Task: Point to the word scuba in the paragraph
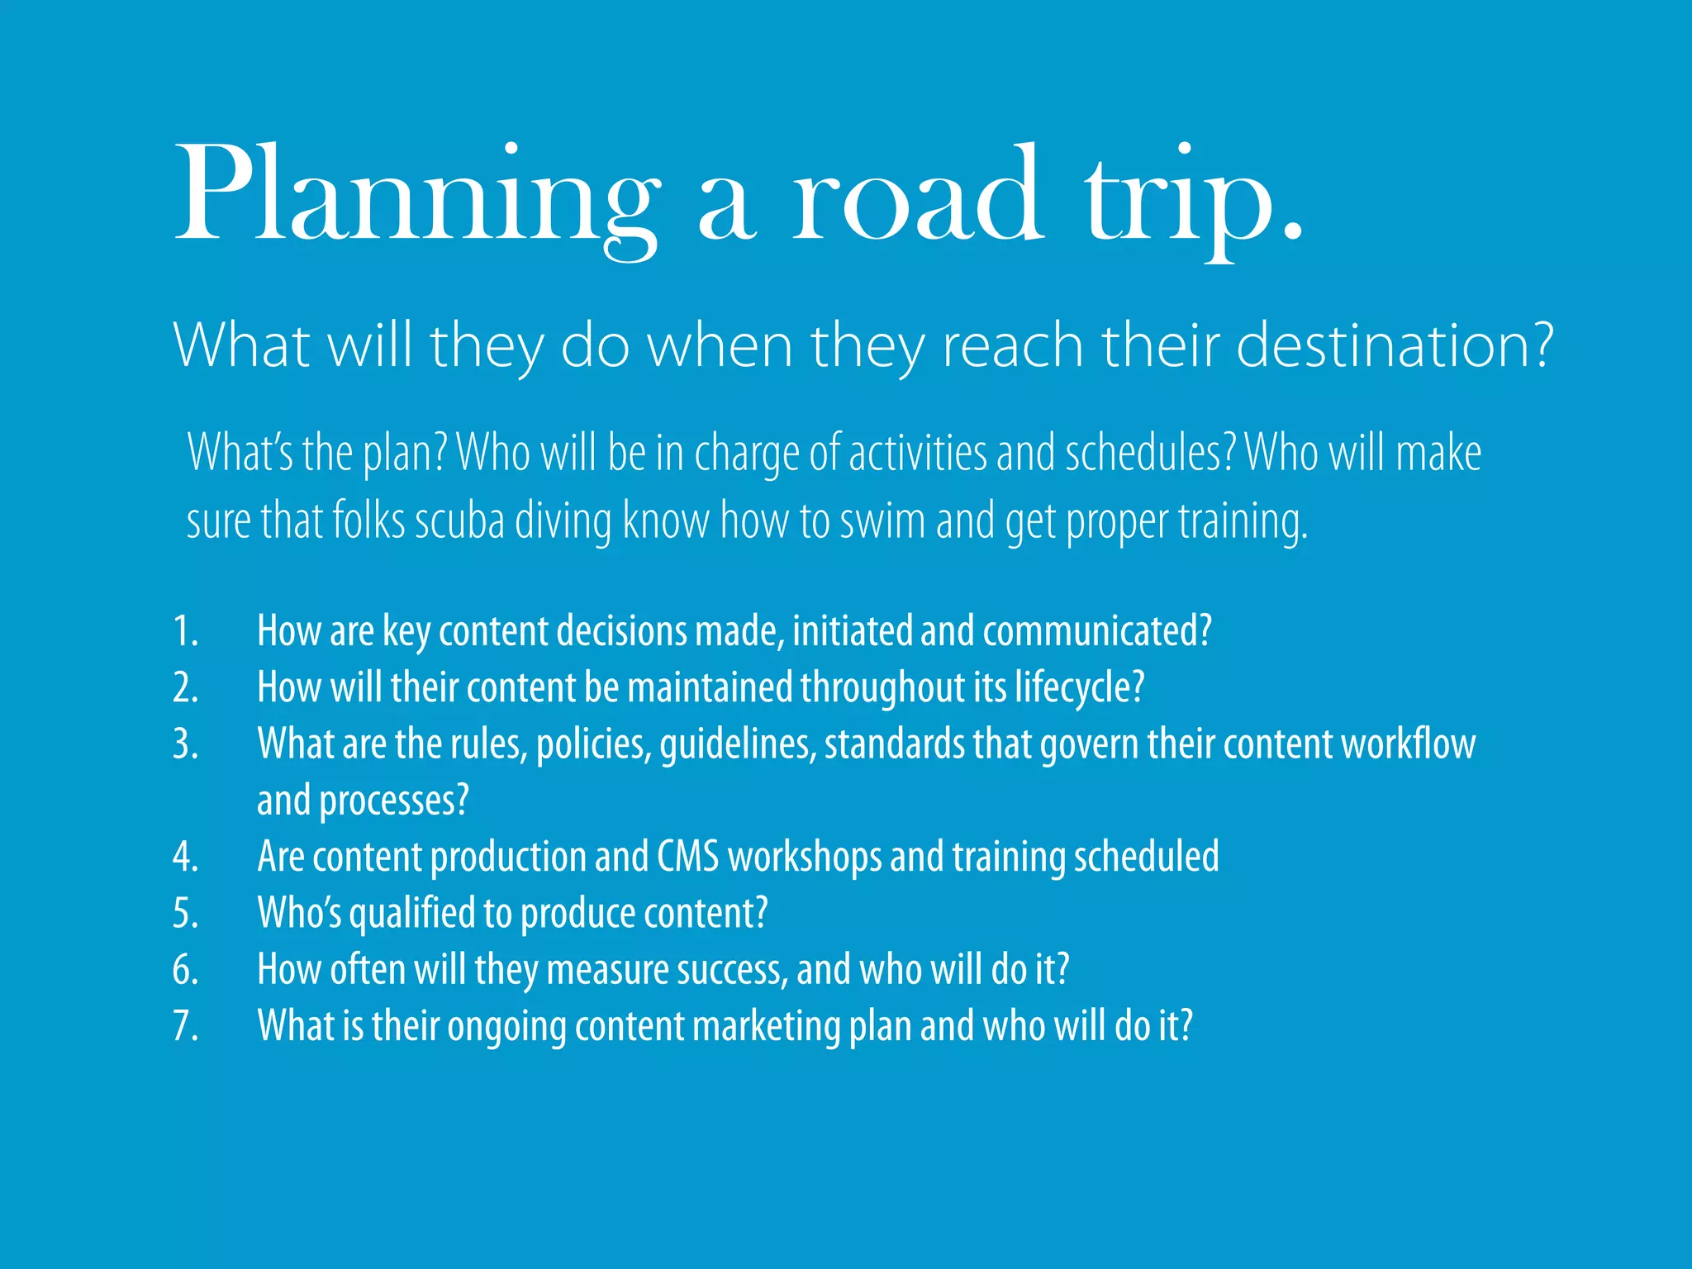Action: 459,522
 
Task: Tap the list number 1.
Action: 185,632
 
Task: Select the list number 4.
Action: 185,858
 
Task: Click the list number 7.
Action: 185,1027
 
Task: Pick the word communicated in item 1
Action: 1091,632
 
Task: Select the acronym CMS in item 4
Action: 687,857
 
